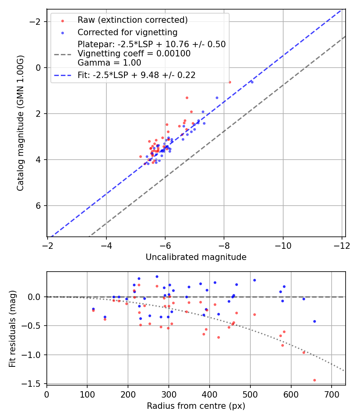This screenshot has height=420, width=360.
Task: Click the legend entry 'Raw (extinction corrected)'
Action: (132, 20)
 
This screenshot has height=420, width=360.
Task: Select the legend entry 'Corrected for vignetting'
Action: (127, 32)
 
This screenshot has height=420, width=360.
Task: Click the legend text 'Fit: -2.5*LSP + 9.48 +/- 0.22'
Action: (136, 75)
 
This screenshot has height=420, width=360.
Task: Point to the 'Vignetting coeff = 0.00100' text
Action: (134, 54)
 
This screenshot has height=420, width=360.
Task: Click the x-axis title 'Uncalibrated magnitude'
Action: (196, 257)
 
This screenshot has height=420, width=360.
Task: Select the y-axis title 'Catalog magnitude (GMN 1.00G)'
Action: (20, 123)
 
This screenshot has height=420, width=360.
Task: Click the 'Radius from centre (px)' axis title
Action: (196, 406)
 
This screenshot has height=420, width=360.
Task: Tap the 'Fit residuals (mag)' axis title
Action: (12, 328)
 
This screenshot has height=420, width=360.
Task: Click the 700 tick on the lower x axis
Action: (332, 394)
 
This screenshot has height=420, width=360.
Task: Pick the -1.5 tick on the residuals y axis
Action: (34, 383)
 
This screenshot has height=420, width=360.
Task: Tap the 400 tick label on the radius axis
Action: (210, 394)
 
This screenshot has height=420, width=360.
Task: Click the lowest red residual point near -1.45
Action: (314, 380)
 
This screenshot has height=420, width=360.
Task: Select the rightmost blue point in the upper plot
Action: (252, 82)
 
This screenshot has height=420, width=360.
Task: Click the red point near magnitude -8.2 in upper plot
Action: (230, 82)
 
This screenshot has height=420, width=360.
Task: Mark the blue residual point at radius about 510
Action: (254, 280)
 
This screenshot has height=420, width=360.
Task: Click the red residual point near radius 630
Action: (304, 352)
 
